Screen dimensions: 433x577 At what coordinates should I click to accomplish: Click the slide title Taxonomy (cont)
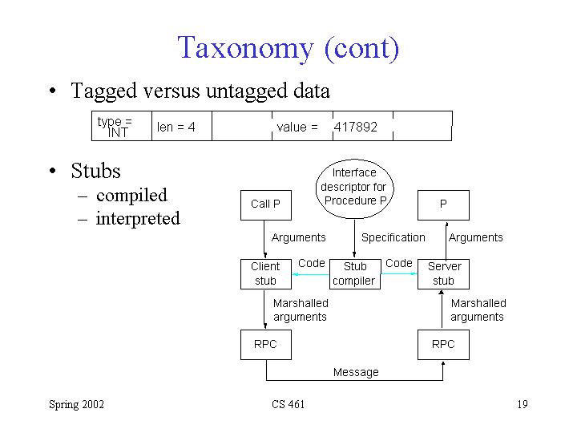[x=288, y=47]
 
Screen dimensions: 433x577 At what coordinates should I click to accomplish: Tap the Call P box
[x=265, y=204]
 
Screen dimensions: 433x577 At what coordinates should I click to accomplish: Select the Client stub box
[x=265, y=273]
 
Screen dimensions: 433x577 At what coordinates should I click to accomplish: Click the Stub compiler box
[x=353, y=273]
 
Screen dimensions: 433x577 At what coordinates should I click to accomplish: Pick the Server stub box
[x=443, y=273]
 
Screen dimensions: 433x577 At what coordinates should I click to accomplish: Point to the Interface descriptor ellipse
[x=353, y=187]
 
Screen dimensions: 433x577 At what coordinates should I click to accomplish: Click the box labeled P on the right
[x=443, y=204]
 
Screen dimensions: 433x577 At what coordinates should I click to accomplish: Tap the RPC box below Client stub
[x=265, y=344]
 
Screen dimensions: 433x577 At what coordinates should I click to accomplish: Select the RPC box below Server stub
[x=443, y=344]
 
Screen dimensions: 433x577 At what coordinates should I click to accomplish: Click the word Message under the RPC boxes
[x=356, y=372]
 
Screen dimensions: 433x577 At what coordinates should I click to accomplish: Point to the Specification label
[x=393, y=237]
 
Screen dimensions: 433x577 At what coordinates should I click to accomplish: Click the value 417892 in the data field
[x=355, y=127]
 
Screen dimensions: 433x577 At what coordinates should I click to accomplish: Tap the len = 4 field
[x=176, y=127]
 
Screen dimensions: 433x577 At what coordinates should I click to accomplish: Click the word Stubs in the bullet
[x=95, y=171]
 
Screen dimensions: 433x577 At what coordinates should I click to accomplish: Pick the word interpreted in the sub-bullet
[x=138, y=219]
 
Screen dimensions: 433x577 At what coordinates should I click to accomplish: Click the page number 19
[x=522, y=404]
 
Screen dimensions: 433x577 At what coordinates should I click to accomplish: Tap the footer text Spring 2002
[x=76, y=404]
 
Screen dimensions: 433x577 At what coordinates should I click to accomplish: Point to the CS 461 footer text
[x=288, y=404]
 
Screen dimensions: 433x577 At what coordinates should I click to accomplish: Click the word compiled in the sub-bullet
[x=131, y=196]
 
